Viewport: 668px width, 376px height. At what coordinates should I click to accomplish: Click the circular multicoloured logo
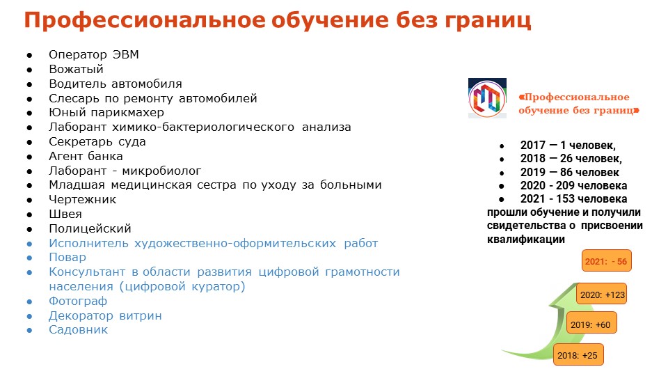pos(487,99)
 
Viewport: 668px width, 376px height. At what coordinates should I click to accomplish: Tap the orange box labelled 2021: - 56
pos(606,261)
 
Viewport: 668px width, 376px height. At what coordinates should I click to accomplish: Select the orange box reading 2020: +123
pos(601,294)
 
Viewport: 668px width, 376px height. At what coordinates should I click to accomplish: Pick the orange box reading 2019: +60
pos(591,324)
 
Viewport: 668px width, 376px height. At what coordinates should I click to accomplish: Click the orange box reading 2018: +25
pos(578,354)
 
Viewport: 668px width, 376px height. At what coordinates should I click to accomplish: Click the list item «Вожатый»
pos(76,69)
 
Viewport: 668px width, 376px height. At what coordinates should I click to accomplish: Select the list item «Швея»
pos(65,214)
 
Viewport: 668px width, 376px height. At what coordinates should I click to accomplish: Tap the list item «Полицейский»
pos(90,228)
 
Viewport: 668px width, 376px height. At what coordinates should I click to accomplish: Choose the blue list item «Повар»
pos(67,258)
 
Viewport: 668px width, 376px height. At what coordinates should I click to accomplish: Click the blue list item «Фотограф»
pos(77,301)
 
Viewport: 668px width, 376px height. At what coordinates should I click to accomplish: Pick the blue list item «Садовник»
pos(79,329)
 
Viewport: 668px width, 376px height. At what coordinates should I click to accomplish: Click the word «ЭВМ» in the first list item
pos(126,54)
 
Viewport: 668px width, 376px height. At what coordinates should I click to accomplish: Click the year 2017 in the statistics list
pos(532,146)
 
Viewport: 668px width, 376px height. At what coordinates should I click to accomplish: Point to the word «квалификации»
pos(526,239)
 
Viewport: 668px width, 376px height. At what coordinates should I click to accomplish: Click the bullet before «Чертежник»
pos(29,200)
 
